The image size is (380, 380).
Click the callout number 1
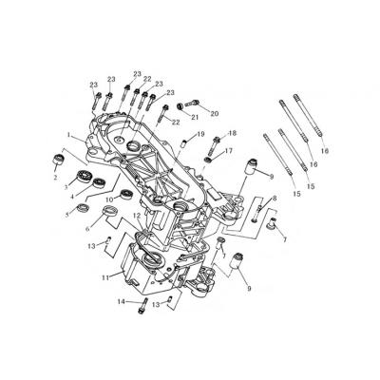68,135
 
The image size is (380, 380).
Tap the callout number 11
105,277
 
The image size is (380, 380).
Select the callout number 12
137,216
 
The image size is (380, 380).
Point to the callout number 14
121,302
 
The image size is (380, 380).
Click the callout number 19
201,134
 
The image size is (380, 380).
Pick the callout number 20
215,114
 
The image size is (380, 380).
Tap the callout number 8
275,199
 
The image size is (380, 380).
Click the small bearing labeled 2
58,161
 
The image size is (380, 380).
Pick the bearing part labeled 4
98,182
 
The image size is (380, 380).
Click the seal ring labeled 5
83,208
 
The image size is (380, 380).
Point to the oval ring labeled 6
111,210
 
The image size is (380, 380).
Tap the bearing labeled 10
127,194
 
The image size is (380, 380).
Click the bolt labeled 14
143,305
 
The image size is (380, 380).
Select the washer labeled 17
208,160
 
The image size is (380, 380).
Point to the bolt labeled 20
192,103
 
